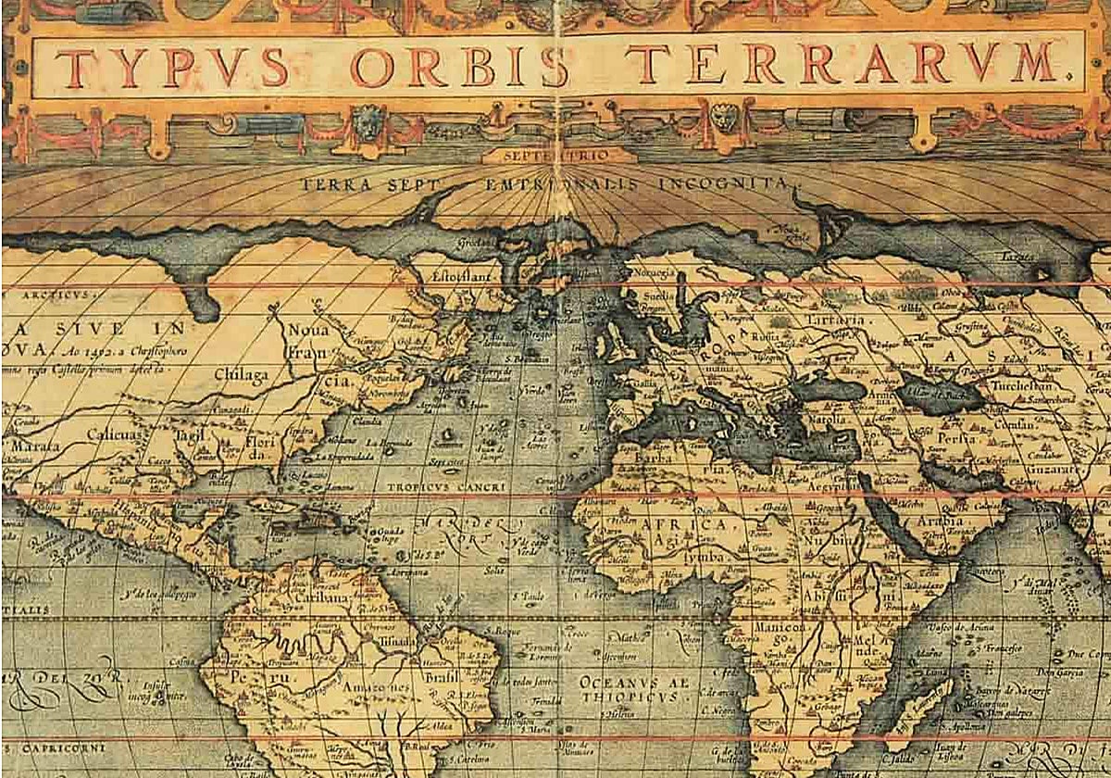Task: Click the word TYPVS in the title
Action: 171,66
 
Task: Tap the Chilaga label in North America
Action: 241,374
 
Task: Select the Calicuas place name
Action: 115,433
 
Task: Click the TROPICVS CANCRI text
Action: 433,486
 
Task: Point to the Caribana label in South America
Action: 321,598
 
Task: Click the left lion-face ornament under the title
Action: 368,121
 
